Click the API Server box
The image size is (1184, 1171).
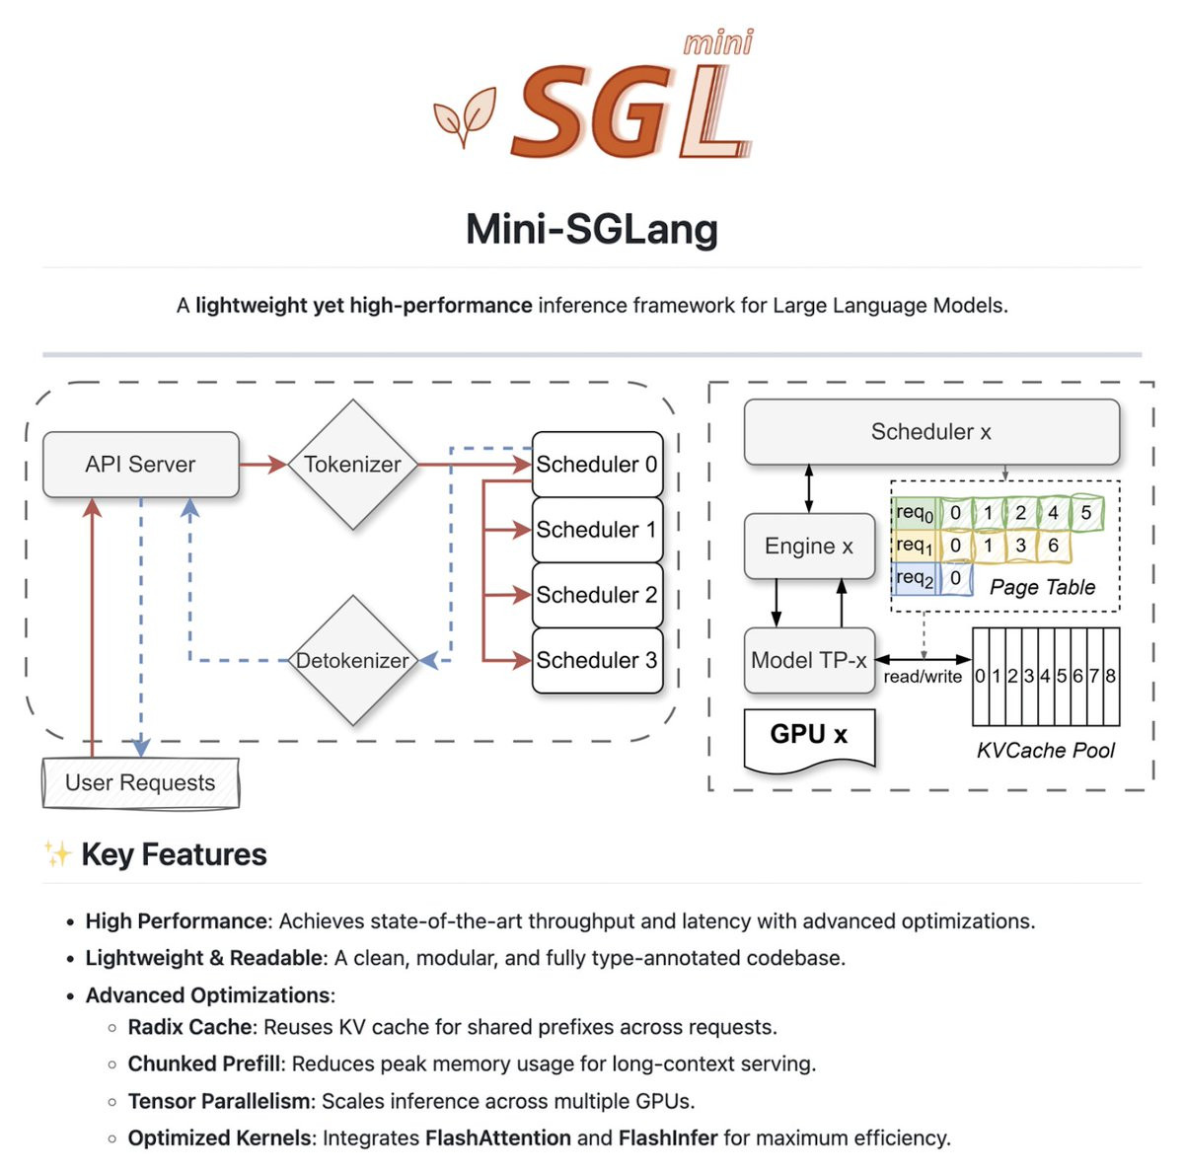click(x=141, y=464)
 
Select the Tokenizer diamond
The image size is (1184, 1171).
click(x=352, y=465)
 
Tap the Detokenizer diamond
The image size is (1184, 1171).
click(x=352, y=660)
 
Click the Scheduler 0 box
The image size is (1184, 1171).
click(x=597, y=464)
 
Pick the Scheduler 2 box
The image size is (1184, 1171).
click(x=597, y=595)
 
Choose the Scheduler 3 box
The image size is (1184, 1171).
click(x=597, y=660)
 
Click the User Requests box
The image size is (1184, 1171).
click(x=141, y=782)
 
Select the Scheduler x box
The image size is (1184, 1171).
click(x=931, y=432)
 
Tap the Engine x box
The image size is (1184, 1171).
click(x=809, y=546)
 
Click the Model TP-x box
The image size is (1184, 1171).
click(x=809, y=660)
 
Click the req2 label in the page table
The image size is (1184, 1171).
click(x=915, y=578)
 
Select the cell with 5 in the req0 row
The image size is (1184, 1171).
click(x=1086, y=512)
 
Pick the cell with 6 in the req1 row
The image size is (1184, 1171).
click(x=1053, y=545)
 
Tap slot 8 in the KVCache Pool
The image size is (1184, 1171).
click(x=1111, y=677)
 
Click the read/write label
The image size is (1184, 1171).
click(x=923, y=677)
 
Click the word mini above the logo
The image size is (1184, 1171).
click(x=718, y=43)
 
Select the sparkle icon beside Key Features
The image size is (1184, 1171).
click(x=58, y=854)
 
